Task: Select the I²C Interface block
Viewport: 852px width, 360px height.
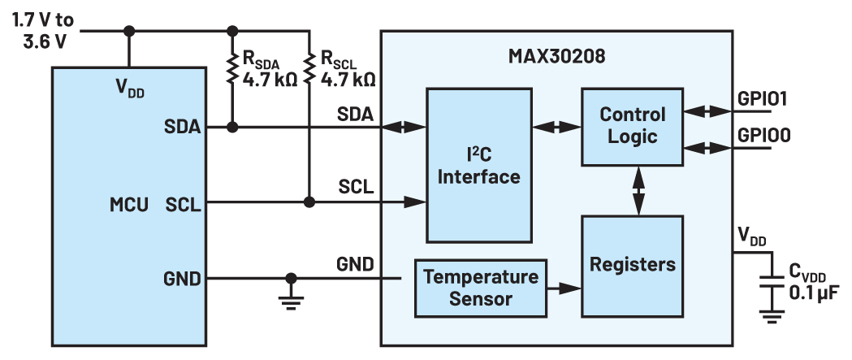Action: (476, 166)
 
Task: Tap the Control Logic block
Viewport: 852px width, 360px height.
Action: (632, 125)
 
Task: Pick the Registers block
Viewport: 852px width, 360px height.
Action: (632, 265)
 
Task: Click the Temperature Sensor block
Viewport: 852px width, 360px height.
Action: (480, 288)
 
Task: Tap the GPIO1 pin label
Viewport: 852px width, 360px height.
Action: (764, 99)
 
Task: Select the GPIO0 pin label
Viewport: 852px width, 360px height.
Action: (764, 135)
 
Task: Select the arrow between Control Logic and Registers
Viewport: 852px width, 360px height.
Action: (640, 191)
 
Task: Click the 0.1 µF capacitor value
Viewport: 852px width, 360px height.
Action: (815, 290)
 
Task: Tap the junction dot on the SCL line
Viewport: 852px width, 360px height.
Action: (309, 202)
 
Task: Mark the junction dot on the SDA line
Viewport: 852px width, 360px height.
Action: (232, 127)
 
